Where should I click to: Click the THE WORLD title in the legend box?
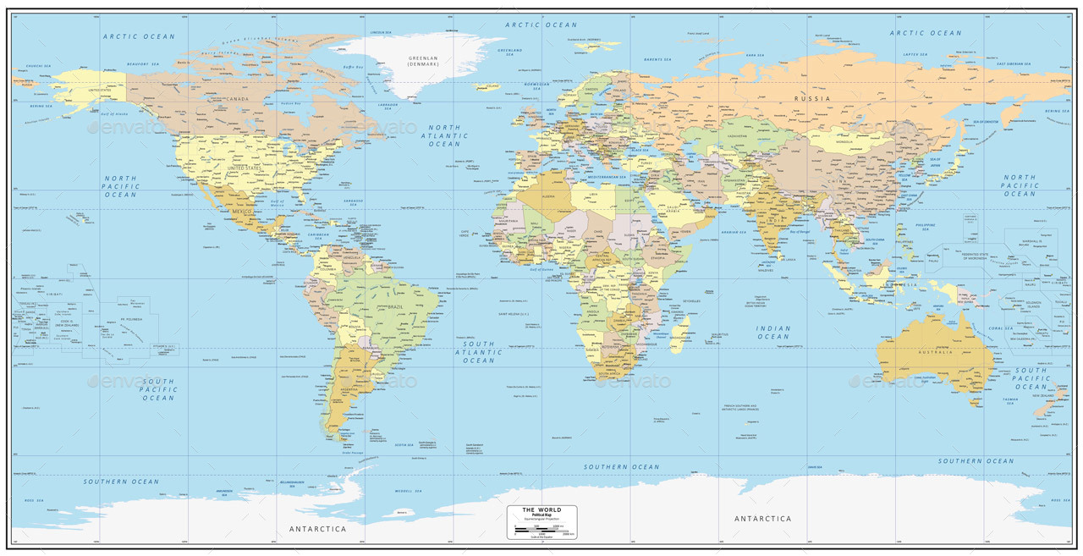coord(541,509)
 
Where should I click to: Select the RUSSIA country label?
coord(811,98)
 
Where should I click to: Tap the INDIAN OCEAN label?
coord(773,333)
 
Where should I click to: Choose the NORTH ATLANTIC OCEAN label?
coord(444,135)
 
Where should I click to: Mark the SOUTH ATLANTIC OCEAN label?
coord(478,352)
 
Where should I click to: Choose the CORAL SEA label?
coord(1001,328)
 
